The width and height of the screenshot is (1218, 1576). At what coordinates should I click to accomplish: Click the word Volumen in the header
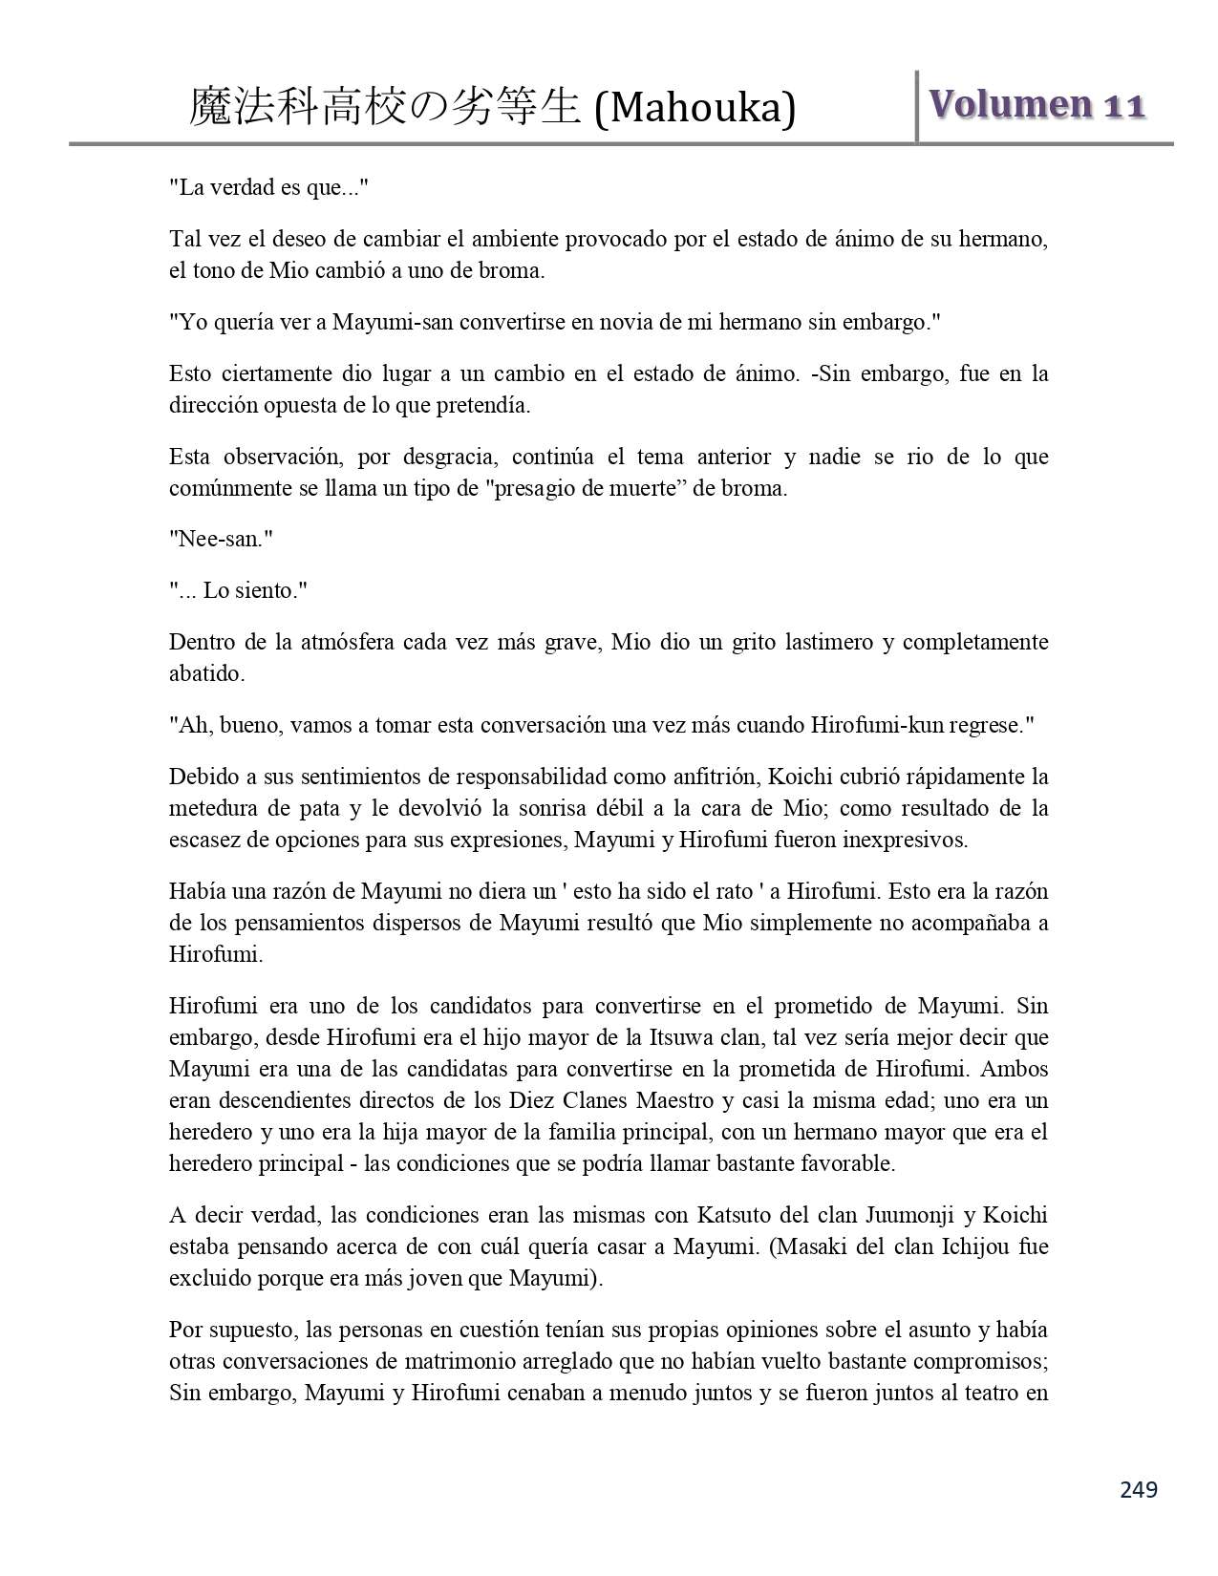click(1011, 104)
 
